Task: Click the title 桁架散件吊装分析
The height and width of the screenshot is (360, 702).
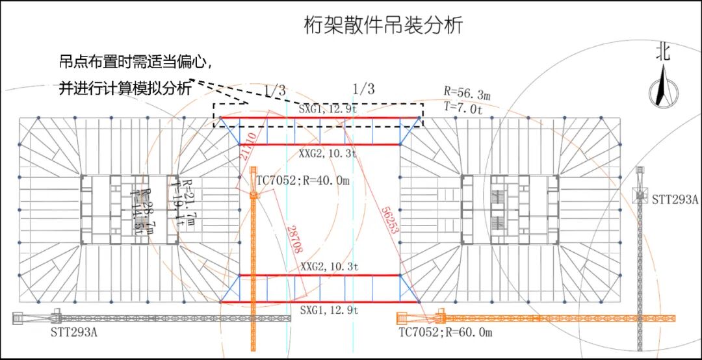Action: pos(383,26)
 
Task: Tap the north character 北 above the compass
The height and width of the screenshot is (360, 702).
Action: pos(662,53)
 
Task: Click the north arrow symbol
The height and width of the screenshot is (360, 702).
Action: pos(662,87)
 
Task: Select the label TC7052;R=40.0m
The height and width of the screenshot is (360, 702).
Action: pos(303,181)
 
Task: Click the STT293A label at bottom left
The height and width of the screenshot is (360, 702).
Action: pos(74,333)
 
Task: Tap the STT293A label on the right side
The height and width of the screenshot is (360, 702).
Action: pos(675,200)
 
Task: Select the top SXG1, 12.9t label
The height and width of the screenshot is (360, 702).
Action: pos(329,109)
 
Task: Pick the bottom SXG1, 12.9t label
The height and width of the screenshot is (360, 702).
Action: pos(329,311)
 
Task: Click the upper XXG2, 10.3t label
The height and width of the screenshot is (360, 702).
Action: pos(329,154)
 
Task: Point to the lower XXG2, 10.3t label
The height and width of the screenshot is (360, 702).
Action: pos(329,267)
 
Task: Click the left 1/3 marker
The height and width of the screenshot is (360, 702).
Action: pos(274,91)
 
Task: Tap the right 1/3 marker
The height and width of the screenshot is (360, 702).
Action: pos(363,89)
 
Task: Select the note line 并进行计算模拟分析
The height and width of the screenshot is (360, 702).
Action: pos(127,89)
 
